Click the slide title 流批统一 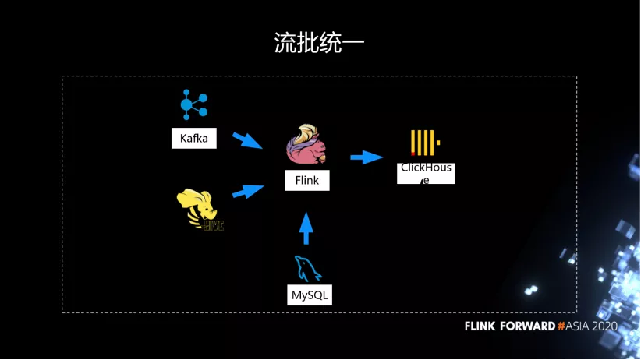[320, 42]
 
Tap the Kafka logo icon [193, 104]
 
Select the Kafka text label [194, 139]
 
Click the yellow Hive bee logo [200, 210]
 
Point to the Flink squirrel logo [306, 143]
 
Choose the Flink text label [306, 182]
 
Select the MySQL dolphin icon [307, 270]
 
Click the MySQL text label [310, 295]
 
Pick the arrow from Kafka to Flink [248, 140]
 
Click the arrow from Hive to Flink [249, 191]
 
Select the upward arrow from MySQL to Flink [306, 228]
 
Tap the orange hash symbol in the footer [561, 326]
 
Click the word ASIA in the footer [578, 326]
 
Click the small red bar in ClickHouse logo [413, 153]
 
